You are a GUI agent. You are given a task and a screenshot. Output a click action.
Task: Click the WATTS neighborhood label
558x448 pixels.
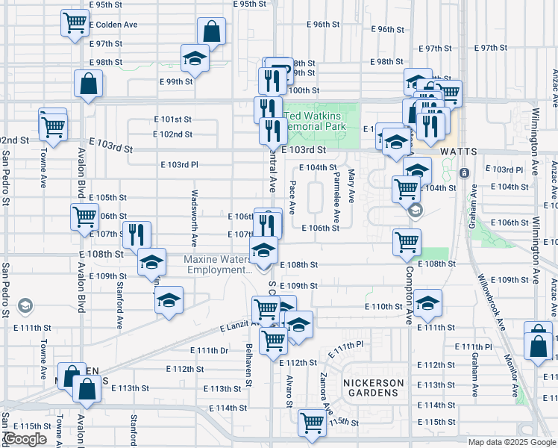[458, 151]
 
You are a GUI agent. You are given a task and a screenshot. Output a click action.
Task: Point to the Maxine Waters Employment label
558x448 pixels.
[216, 264]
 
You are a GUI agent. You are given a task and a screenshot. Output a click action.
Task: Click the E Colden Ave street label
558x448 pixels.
[113, 25]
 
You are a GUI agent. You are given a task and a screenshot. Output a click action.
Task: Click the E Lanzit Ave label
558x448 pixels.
[238, 326]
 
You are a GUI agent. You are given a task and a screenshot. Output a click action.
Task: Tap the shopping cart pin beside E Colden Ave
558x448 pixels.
[75, 22]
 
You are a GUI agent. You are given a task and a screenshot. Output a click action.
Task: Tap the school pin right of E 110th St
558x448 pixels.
[427, 302]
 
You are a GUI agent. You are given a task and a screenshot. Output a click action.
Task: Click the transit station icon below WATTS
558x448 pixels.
[465, 173]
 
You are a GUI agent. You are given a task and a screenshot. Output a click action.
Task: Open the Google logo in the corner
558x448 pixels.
[25, 439]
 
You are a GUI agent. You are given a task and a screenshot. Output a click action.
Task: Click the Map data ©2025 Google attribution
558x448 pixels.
[511, 442]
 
